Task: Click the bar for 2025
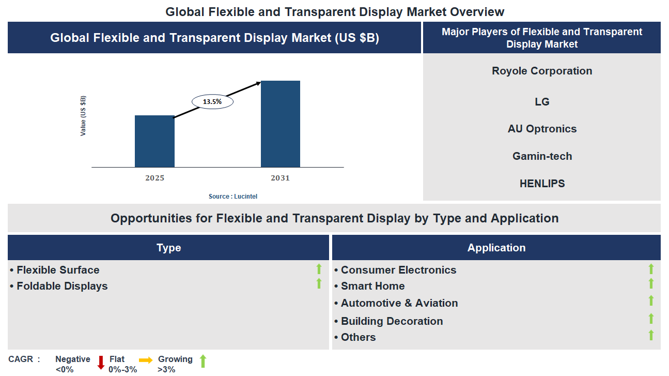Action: click(154, 141)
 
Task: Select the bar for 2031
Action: click(280, 124)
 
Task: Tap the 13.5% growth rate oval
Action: click(212, 102)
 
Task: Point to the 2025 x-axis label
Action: click(154, 178)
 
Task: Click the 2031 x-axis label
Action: click(280, 178)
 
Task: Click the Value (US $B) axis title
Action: click(83, 116)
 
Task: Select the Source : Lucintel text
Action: click(232, 197)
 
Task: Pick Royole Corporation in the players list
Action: click(542, 71)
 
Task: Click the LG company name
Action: click(542, 102)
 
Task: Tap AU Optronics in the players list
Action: click(542, 129)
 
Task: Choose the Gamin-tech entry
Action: click(542, 156)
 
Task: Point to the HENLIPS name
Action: click(542, 184)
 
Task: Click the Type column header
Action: click(168, 248)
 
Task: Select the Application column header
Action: click(496, 248)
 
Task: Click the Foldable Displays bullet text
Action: click(62, 286)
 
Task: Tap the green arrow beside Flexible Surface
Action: click(319, 269)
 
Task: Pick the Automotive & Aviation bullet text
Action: click(399, 303)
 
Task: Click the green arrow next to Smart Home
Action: click(651, 283)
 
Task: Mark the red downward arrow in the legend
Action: click(101, 363)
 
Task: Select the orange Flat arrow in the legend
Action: click(146, 360)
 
